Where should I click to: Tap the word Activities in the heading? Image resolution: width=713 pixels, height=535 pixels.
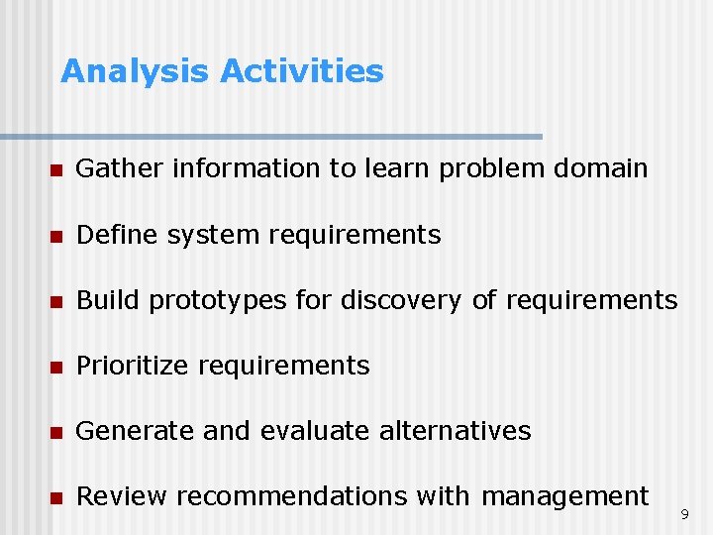[x=301, y=72]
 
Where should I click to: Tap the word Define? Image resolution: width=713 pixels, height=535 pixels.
[x=117, y=235]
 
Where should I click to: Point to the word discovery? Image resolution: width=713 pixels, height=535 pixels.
[x=401, y=300]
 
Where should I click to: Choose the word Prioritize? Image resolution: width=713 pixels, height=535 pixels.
[x=134, y=366]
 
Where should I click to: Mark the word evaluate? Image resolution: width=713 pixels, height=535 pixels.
[x=316, y=431]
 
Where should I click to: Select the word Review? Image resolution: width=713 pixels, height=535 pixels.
[x=118, y=496]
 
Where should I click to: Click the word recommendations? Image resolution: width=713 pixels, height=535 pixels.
[x=295, y=496]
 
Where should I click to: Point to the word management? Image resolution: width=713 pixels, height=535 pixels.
[x=564, y=496]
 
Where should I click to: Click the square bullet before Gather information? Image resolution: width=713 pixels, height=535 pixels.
[x=57, y=170]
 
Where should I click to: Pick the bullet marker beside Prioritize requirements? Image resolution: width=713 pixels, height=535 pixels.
[x=57, y=367]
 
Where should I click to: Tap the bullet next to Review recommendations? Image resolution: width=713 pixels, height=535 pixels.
[x=57, y=497]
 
